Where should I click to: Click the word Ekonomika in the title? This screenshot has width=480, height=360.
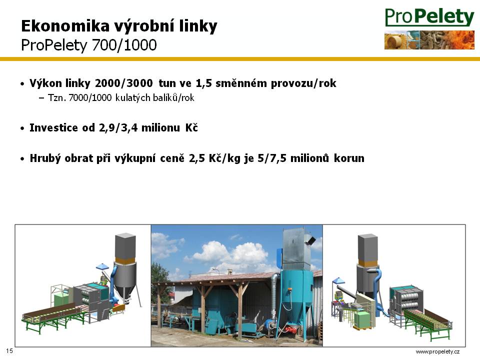65,25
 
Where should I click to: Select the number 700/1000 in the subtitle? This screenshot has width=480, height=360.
124,45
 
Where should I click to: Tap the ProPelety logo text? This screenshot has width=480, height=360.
429,17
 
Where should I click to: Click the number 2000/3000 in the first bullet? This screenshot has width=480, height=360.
123,83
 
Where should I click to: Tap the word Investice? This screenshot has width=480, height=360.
53,127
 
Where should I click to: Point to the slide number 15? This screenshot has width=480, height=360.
9,351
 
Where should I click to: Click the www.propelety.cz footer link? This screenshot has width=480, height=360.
437,351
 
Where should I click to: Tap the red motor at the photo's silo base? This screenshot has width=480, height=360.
290,330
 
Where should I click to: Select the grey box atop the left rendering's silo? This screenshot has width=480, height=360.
125,246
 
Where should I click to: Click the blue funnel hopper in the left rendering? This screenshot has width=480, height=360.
102,267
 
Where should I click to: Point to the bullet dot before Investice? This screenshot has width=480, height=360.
22,128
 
